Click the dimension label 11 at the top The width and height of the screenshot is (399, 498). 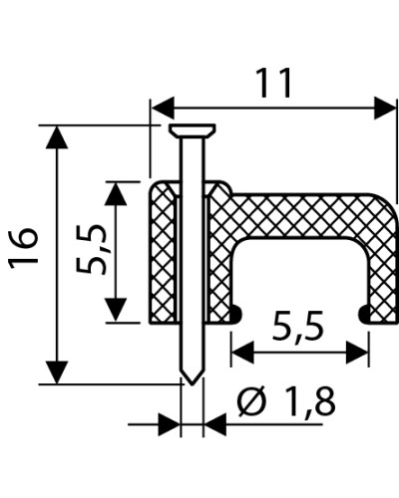click(274, 83)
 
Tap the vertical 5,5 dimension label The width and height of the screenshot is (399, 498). click(91, 250)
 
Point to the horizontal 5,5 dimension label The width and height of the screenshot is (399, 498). click(297, 326)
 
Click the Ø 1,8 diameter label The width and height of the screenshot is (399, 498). click(285, 401)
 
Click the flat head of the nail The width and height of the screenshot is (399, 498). click(193, 129)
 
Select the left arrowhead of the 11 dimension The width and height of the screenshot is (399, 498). click(163, 108)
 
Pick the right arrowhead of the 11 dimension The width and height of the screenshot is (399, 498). click(385, 108)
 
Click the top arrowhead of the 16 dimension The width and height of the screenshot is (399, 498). click(57, 137)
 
